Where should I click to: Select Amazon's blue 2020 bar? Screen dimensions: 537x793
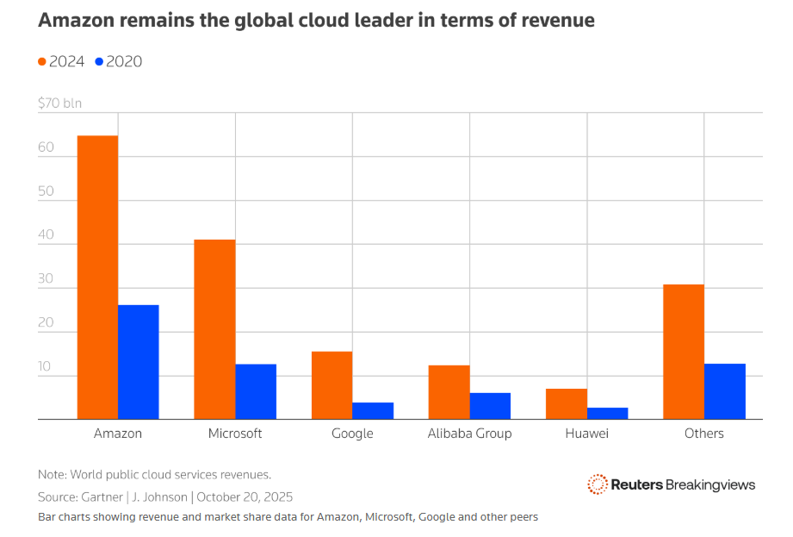(139, 362)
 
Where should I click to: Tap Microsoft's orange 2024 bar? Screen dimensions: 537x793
(214, 329)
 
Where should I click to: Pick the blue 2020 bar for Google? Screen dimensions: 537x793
(373, 411)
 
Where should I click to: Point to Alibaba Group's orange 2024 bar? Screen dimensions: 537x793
(449, 392)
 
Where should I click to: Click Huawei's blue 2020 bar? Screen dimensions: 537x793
(608, 414)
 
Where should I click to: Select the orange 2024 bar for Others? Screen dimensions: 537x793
(684, 352)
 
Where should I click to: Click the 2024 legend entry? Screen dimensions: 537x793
(61, 61)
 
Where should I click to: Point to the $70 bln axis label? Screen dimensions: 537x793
(60, 103)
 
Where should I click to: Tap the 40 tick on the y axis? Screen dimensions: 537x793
(46, 234)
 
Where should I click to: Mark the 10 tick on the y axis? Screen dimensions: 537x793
(46, 366)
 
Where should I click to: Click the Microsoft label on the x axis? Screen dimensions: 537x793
(235, 434)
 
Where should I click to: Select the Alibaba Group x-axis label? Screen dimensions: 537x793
(469, 434)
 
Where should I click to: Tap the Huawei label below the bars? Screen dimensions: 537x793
(587, 434)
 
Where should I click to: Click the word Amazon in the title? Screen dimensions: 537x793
(77, 20)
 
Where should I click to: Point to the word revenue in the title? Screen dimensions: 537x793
(555, 20)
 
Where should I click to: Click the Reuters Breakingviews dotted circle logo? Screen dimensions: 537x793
(598, 484)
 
